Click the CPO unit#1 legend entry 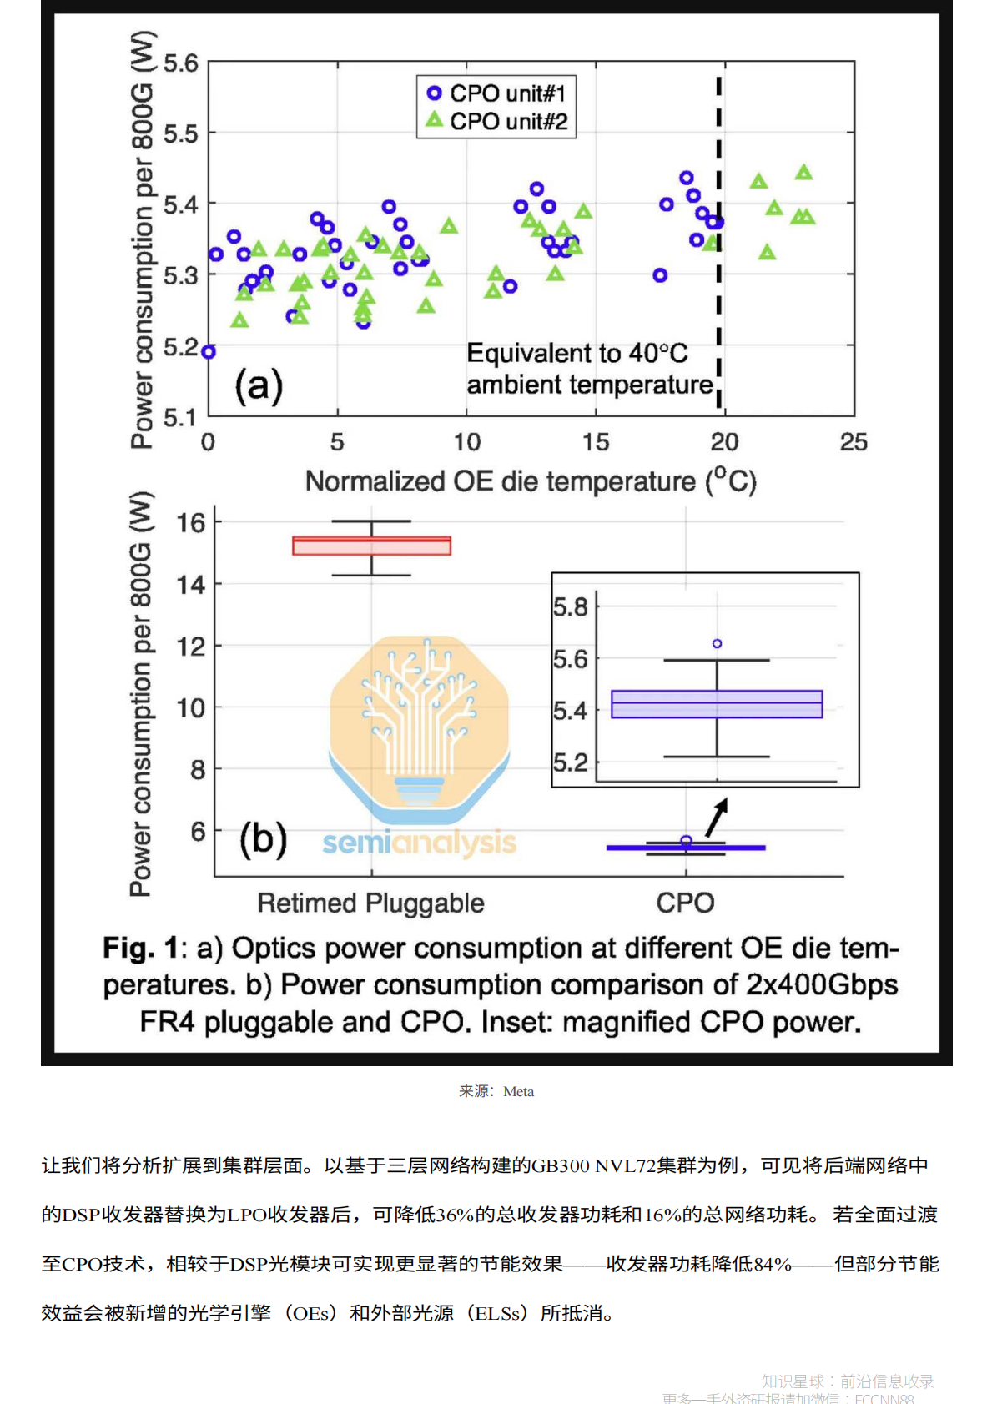tap(497, 93)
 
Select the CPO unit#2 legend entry tap(497, 122)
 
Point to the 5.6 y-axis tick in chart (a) tap(181, 63)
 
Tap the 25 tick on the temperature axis tap(854, 442)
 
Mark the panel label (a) tap(259, 385)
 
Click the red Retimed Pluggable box tap(371, 546)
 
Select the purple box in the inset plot tap(717, 704)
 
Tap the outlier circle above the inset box tap(717, 643)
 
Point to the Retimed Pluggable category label tap(370, 903)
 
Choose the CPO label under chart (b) tap(685, 903)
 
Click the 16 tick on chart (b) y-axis tap(191, 523)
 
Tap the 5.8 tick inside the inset tap(571, 606)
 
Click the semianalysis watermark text tap(419, 843)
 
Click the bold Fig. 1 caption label tap(140, 949)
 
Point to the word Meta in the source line tap(518, 1091)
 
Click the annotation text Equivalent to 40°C tap(577, 354)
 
